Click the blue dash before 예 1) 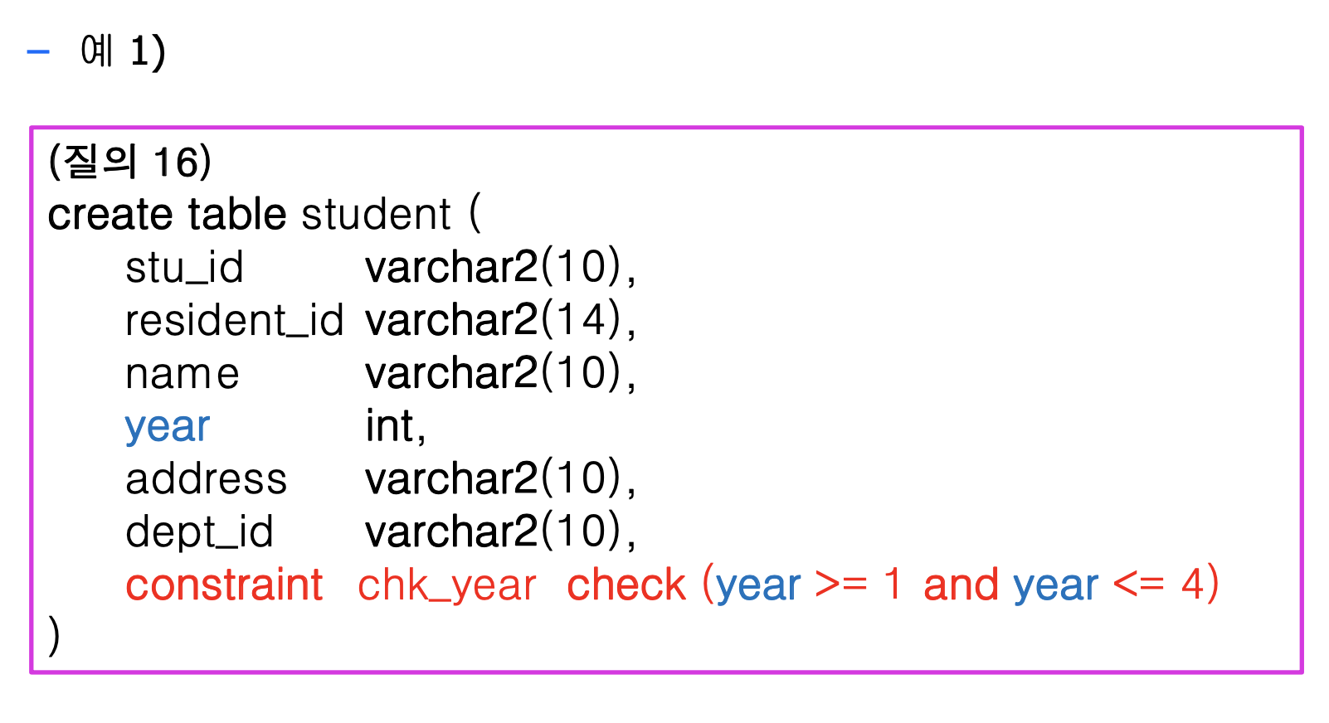(x=38, y=52)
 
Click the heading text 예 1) (x=123, y=51)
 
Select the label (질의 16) (x=130, y=161)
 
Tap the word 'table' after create (x=236, y=215)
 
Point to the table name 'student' (x=376, y=215)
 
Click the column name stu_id (x=184, y=268)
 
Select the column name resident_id (x=234, y=321)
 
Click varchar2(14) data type (x=499, y=321)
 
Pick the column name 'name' (x=183, y=375)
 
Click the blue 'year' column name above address (x=168, y=428)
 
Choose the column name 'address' (x=206, y=480)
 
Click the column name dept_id (x=199, y=533)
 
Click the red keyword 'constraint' (x=224, y=585)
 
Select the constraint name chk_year (x=447, y=585)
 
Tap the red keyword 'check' (x=626, y=585)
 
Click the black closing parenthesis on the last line (x=55, y=637)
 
